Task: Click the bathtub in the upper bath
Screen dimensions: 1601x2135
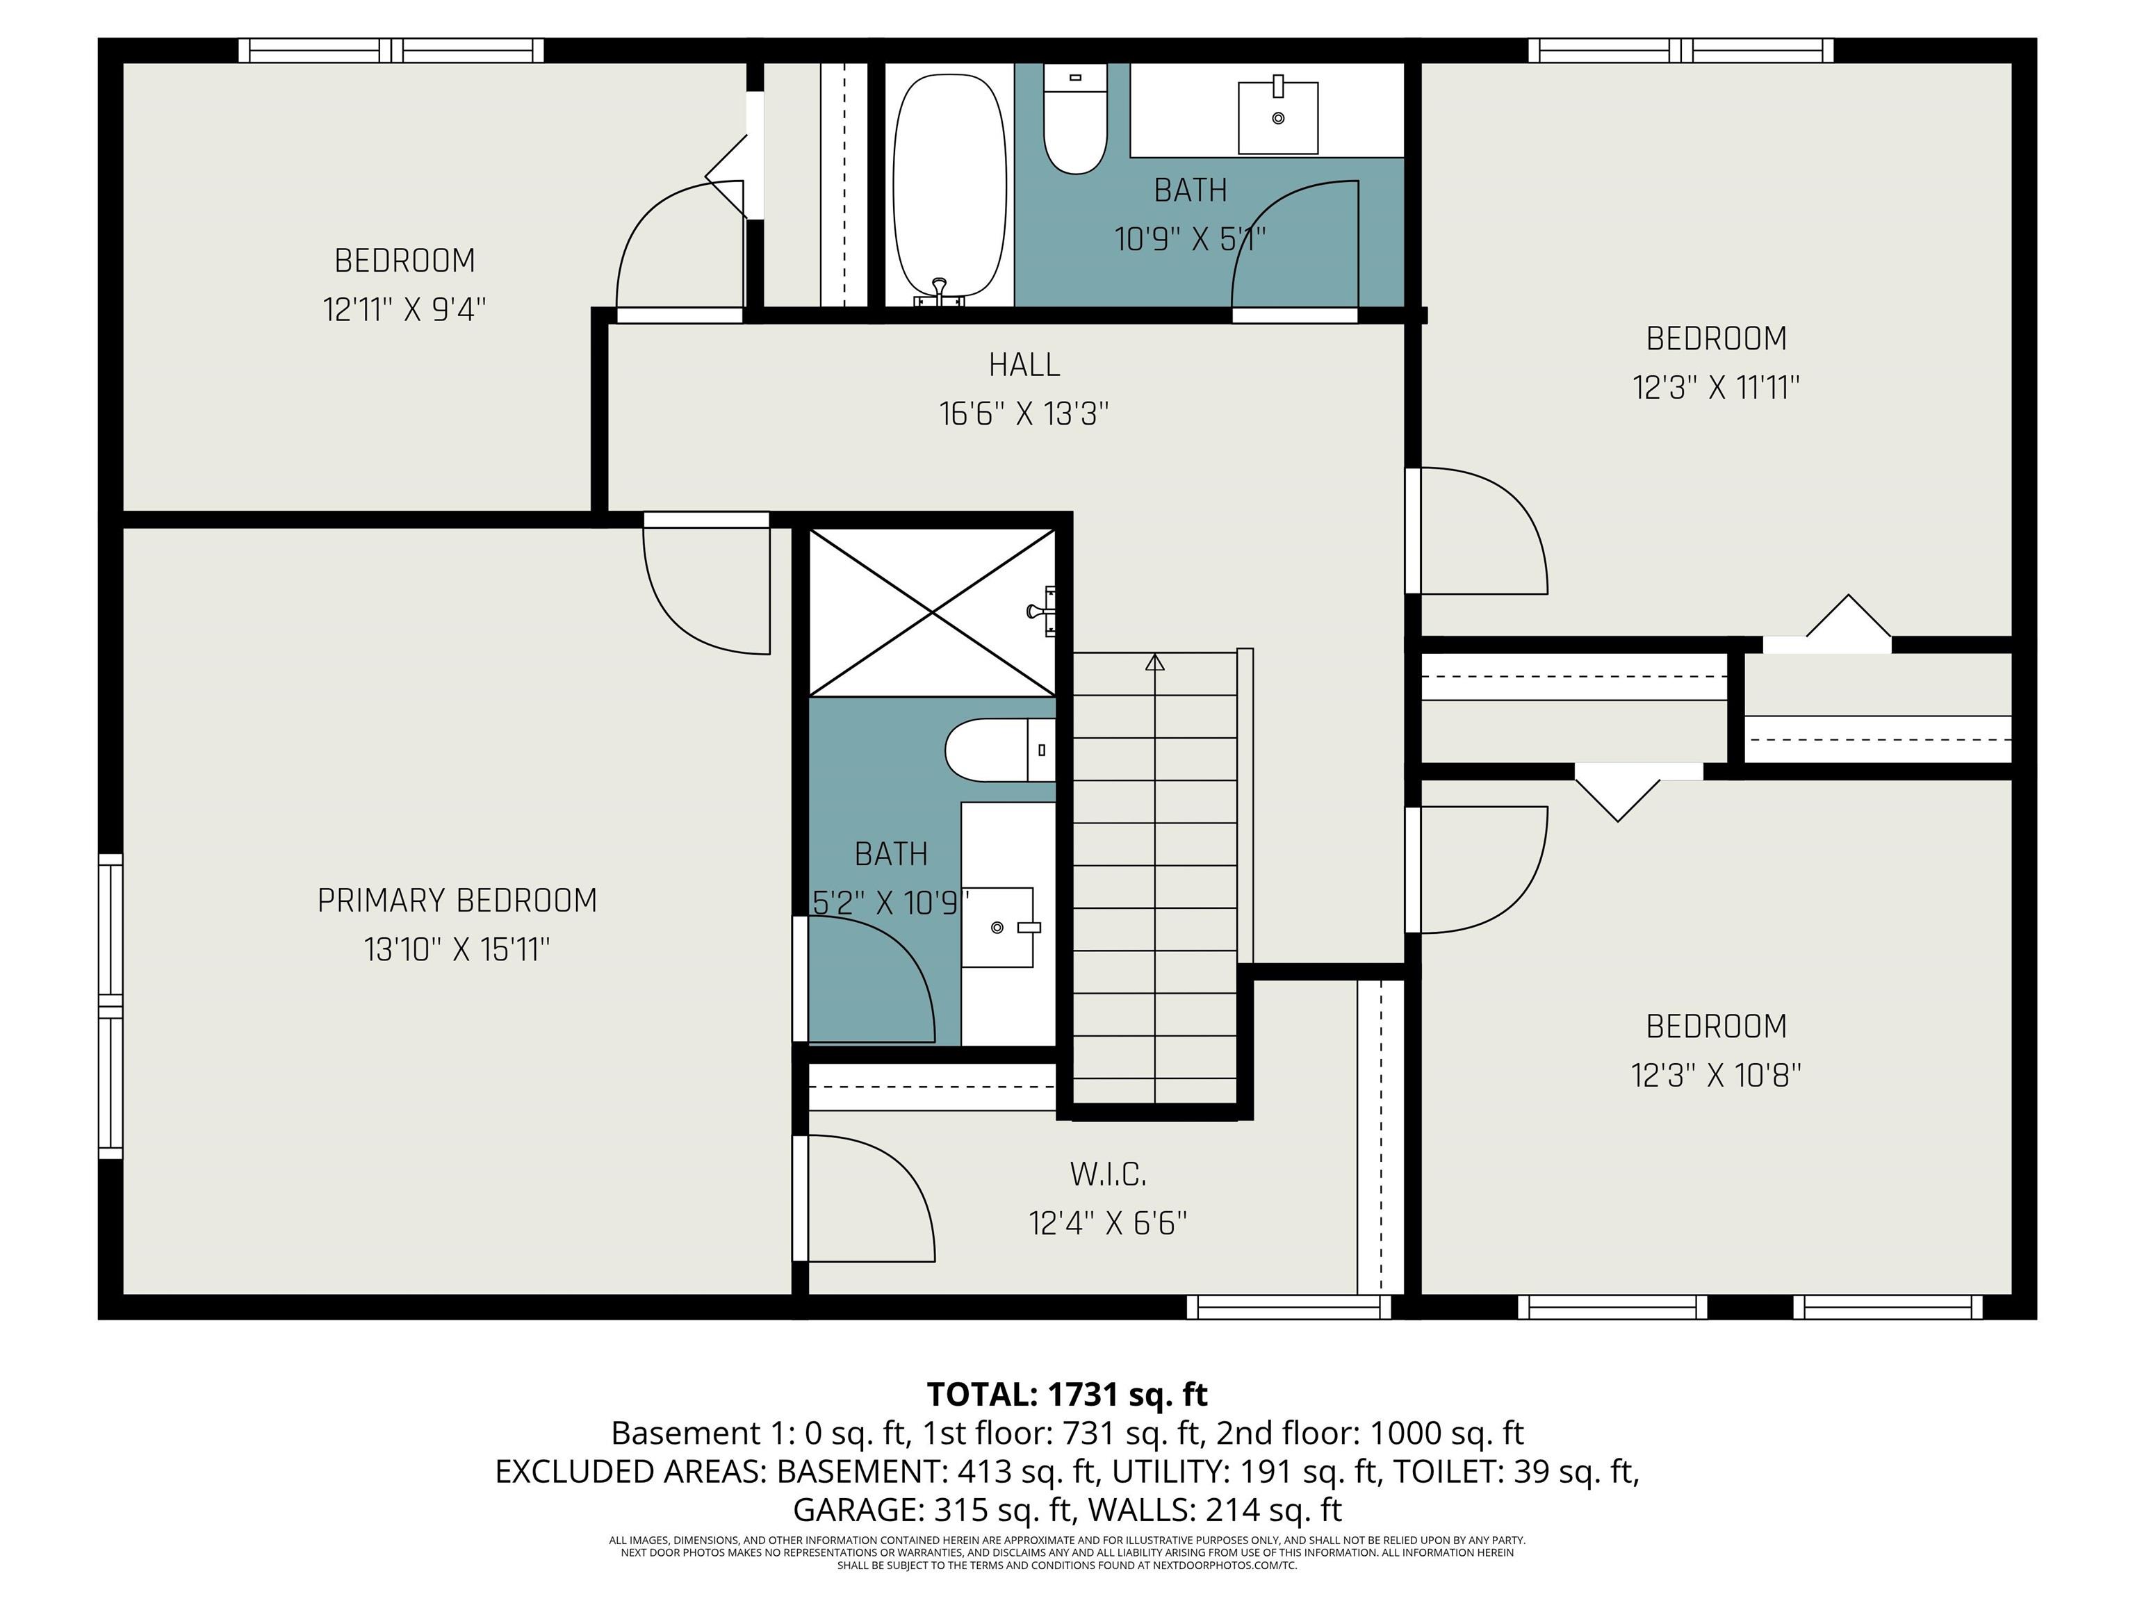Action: (949, 183)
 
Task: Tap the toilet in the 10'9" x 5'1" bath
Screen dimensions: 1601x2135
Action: (1075, 121)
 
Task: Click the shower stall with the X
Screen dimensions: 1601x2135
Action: (931, 611)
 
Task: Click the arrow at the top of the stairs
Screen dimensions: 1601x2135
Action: (1154, 662)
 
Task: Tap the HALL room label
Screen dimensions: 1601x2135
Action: (1024, 365)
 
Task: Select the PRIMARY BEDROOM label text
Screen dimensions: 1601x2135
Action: (457, 901)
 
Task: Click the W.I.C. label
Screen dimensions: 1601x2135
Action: (1107, 1174)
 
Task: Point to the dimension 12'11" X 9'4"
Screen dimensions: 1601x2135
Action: (404, 310)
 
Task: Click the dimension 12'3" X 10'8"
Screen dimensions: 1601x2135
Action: (1715, 1075)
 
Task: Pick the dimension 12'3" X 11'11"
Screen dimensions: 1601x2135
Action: (1715, 388)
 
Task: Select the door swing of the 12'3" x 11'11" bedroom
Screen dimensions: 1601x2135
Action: (1477, 531)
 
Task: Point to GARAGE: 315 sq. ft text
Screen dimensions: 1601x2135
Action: (933, 1509)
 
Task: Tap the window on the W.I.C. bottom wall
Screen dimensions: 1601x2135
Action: (1288, 1306)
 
